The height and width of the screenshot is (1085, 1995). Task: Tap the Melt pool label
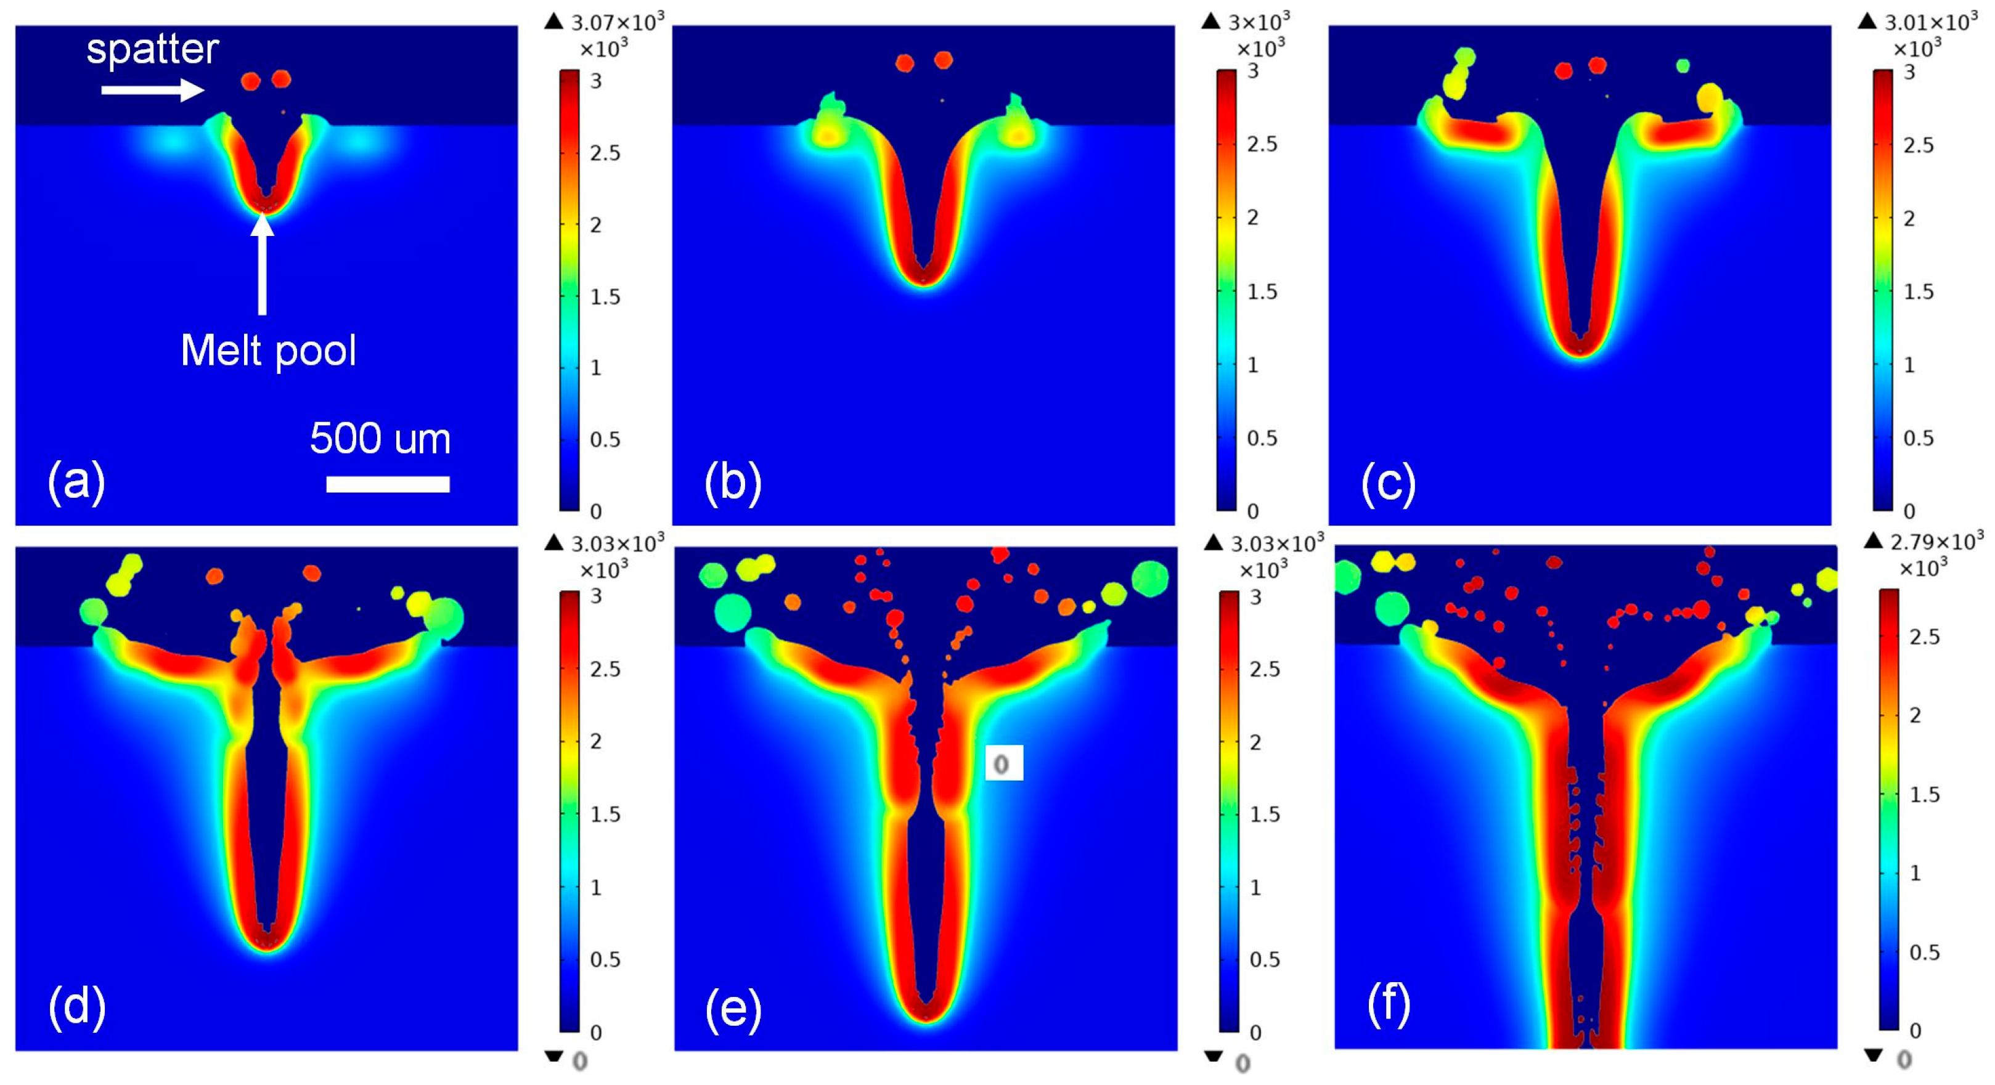(x=268, y=351)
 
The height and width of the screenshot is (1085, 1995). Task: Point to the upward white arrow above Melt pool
(x=263, y=263)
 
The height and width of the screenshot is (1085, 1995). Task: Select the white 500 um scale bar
(x=388, y=484)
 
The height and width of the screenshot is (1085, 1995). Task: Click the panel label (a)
(x=76, y=482)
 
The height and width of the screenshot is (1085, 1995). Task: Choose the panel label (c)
(x=1388, y=482)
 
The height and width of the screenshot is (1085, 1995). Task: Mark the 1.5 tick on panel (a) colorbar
(x=605, y=296)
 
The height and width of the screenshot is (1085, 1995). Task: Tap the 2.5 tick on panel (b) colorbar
(x=1262, y=144)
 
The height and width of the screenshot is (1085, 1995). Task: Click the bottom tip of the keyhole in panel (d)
(x=266, y=946)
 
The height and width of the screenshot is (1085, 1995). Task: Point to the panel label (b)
(x=733, y=482)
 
